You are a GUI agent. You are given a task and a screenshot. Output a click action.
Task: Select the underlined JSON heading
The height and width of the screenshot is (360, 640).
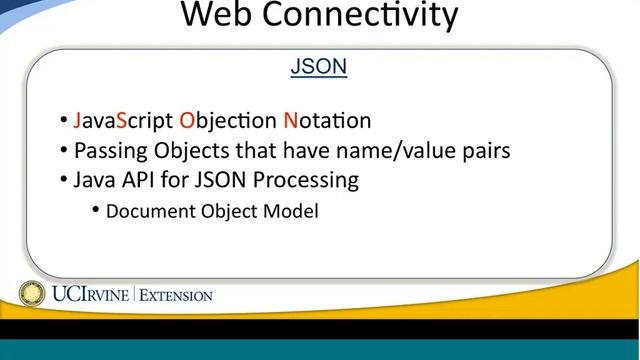point(318,68)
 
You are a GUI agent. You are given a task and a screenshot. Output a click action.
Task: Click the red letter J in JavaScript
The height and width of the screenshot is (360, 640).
point(78,121)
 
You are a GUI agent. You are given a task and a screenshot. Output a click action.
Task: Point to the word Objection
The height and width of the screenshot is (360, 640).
point(227,121)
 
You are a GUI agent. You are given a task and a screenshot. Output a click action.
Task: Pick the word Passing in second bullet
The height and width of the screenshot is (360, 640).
point(111,151)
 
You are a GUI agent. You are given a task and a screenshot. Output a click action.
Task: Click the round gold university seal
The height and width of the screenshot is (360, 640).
point(33,294)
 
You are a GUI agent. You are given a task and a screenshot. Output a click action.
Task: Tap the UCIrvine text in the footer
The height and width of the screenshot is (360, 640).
point(88,295)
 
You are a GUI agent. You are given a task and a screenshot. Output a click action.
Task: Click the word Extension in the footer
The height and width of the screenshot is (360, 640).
point(176,296)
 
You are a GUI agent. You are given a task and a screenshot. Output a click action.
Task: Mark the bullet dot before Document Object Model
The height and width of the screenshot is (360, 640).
point(96,210)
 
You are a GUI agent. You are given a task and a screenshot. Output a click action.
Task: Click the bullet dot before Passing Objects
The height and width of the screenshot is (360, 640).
point(64,151)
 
